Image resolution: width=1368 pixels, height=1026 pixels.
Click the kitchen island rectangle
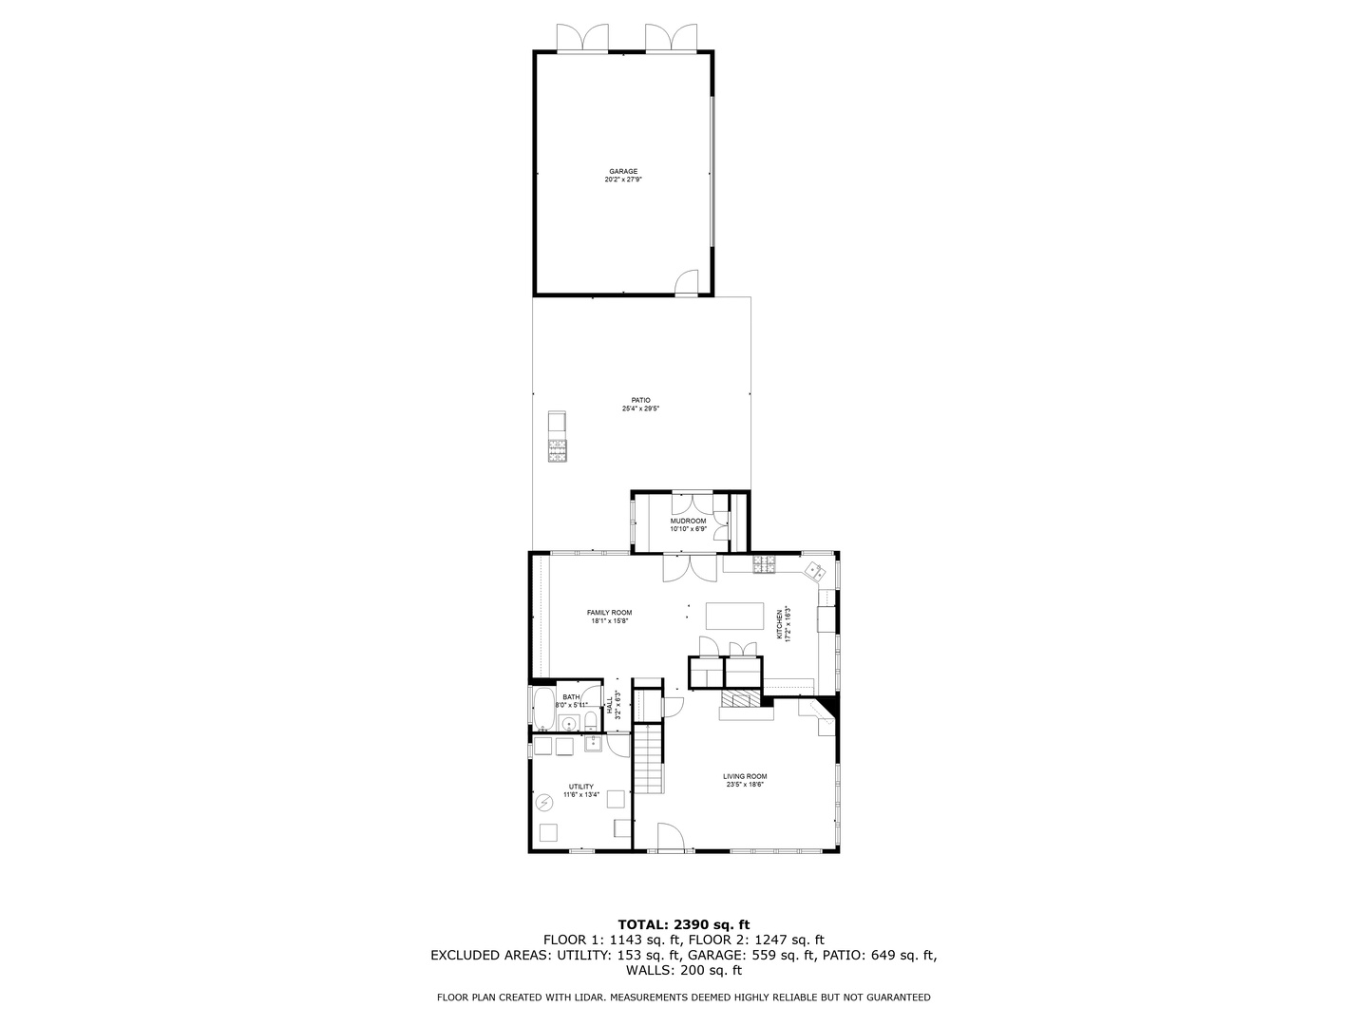735,616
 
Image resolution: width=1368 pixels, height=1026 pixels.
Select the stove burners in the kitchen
764,566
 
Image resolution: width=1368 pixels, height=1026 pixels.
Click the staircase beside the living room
649,759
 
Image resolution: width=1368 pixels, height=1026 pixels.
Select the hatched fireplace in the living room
739,700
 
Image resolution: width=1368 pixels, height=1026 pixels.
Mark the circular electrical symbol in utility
545,804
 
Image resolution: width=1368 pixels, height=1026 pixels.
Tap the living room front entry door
671,837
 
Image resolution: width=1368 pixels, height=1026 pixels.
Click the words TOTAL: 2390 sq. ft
683,923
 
